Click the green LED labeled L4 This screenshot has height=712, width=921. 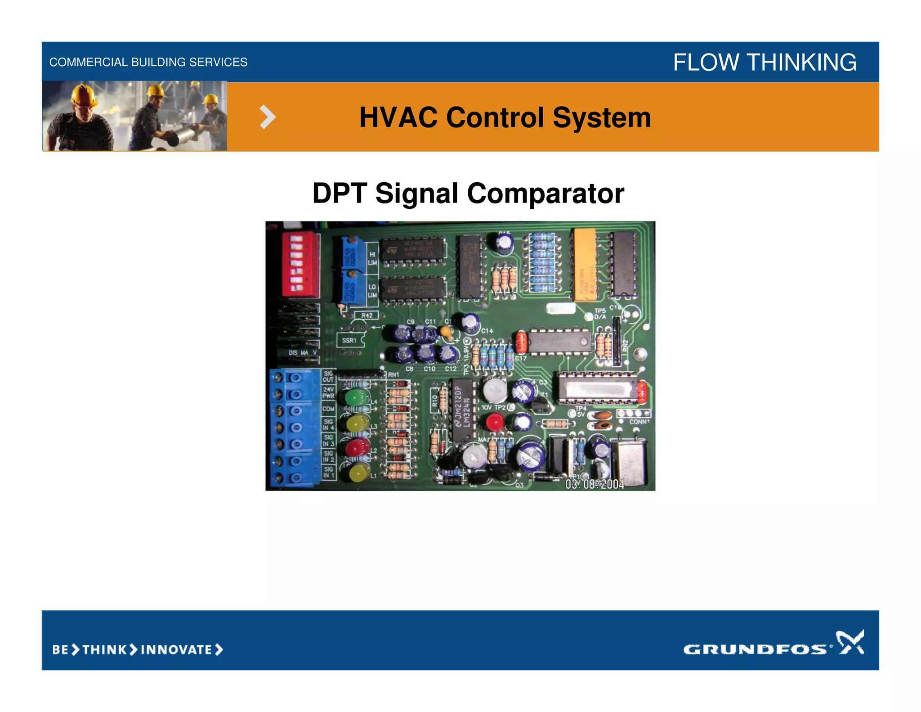click(x=356, y=397)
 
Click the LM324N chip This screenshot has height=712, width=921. click(x=463, y=410)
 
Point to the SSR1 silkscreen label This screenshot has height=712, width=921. click(x=349, y=341)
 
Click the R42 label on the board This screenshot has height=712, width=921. click(x=367, y=315)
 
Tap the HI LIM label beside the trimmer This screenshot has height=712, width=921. click(x=372, y=258)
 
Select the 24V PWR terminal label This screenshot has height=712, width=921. click(x=328, y=392)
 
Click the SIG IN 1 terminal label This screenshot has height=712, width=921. click(x=328, y=472)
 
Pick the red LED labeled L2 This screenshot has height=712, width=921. click(x=355, y=448)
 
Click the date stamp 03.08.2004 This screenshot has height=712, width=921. click(x=595, y=484)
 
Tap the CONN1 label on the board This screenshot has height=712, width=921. click(x=639, y=422)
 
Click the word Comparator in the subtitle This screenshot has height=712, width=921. click(x=545, y=194)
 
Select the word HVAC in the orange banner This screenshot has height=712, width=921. click(x=398, y=117)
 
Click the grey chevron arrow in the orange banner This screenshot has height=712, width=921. click(x=268, y=117)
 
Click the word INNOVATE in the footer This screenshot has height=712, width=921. click(x=176, y=649)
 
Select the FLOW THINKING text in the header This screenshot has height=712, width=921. click(x=765, y=62)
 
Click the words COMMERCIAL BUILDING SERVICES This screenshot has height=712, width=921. click(x=148, y=62)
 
